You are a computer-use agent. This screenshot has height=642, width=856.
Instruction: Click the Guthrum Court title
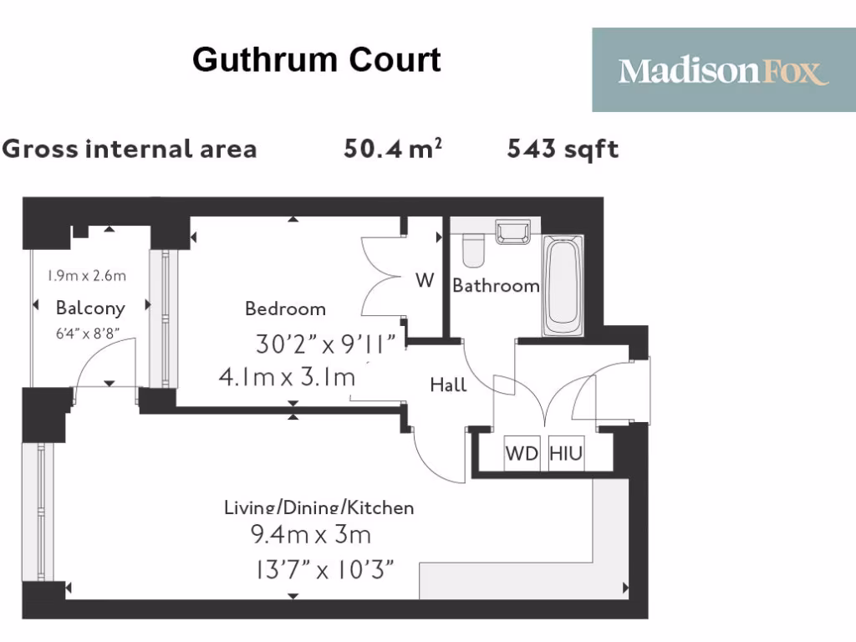click(317, 60)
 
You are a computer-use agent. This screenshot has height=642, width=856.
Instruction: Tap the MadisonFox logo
click(723, 70)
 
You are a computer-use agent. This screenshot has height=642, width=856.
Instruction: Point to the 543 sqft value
click(563, 149)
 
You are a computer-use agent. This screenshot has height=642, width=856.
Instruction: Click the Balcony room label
click(90, 308)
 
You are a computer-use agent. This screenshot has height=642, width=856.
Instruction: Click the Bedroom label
click(285, 308)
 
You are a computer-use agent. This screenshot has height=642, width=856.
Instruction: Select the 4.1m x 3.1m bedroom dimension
click(287, 377)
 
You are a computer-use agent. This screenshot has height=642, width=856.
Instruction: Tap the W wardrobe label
click(425, 281)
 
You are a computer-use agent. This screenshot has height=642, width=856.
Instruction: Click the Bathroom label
click(496, 286)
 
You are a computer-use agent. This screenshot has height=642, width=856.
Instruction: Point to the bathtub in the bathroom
click(563, 284)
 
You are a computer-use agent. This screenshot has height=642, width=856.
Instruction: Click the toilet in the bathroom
click(473, 249)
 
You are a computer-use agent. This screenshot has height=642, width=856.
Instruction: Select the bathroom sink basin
click(512, 232)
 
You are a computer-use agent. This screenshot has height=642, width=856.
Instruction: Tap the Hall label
click(448, 385)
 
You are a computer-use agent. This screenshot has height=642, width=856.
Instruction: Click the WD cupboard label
click(522, 455)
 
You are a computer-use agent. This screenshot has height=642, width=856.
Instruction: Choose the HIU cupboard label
click(566, 455)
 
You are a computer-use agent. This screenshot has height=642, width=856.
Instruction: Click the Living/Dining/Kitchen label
click(318, 507)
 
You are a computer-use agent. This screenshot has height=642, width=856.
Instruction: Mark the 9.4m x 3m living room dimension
click(311, 533)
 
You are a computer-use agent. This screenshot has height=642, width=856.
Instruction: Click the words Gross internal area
click(130, 149)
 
